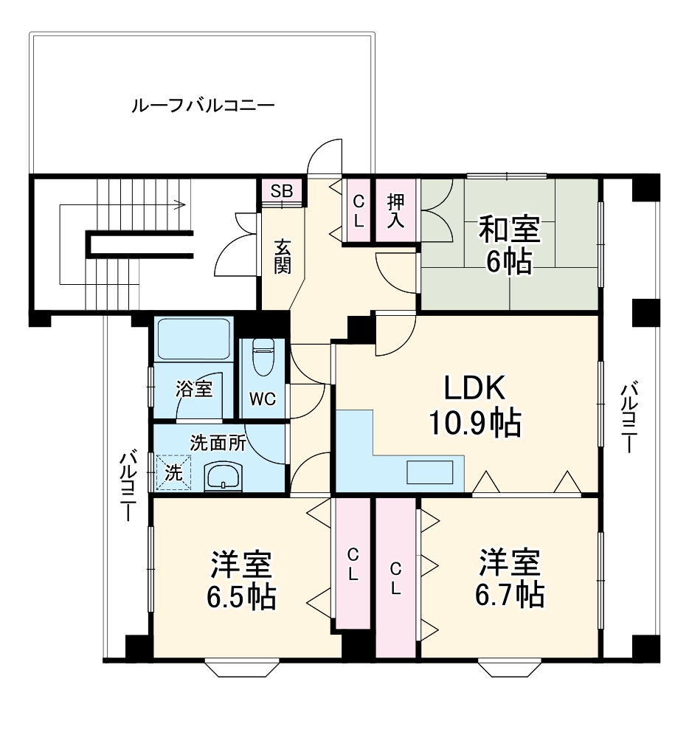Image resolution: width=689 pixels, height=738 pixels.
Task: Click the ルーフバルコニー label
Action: tap(203, 106)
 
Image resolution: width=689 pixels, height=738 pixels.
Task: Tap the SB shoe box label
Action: tap(281, 191)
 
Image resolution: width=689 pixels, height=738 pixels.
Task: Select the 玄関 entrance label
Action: tap(282, 256)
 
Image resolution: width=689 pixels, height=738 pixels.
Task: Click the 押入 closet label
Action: tap(396, 210)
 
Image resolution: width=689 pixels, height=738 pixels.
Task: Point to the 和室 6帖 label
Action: tap(509, 244)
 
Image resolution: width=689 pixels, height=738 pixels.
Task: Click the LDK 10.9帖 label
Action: tap(474, 405)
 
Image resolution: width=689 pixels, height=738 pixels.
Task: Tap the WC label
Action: tap(262, 399)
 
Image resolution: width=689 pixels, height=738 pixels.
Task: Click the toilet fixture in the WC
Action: tap(263, 358)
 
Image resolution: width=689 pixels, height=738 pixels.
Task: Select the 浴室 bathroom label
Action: tap(194, 389)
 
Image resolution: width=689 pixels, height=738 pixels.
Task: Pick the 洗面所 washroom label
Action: tap(218, 443)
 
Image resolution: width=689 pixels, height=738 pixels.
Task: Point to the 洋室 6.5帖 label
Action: tap(242, 580)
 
